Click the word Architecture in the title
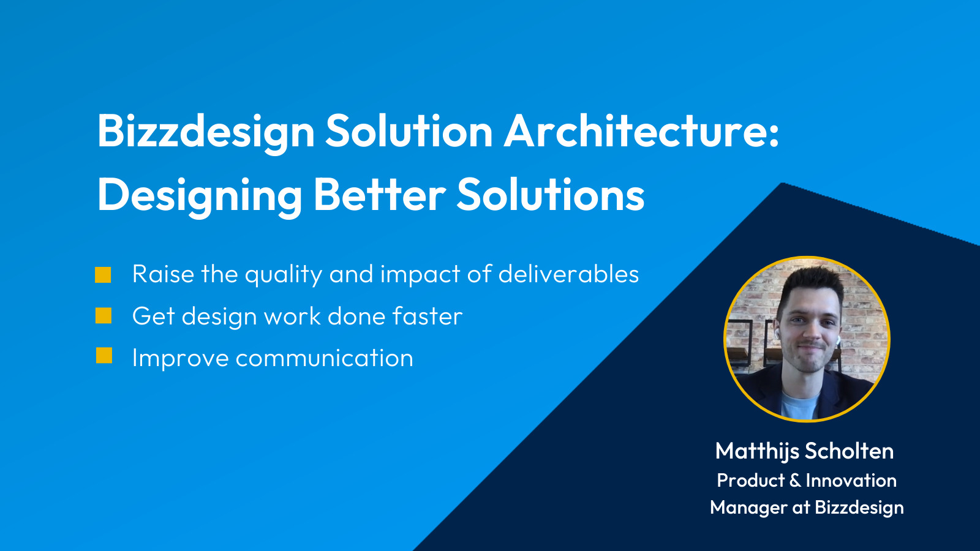pyautogui.click(x=635, y=131)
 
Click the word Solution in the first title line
pyautogui.click(x=409, y=131)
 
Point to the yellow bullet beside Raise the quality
pyautogui.click(x=103, y=275)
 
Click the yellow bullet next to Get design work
pyautogui.click(x=104, y=316)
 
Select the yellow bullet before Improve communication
pyautogui.click(x=104, y=356)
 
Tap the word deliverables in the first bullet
pyautogui.click(x=568, y=274)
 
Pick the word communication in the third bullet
pyautogui.click(x=324, y=358)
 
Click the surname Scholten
pyautogui.click(x=849, y=451)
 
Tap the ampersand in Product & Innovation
pyautogui.click(x=795, y=481)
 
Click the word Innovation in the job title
pyautogui.click(x=851, y=480)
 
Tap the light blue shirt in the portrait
pyautogui.click(x=799, y=405)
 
